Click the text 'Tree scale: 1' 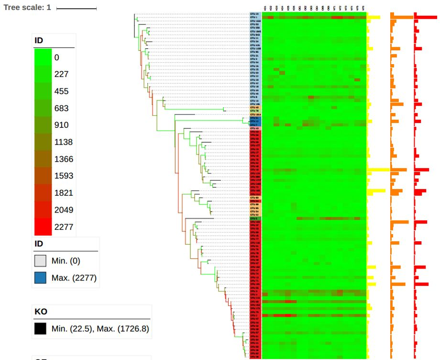[x=27, y=8]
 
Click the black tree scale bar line [x=77, y=9]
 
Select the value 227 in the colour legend [x=61, y=74]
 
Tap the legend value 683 [x=61, y=108]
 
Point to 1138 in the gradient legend [x=63, y=142]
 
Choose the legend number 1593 [x=63, y=176]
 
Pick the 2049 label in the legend [x=63, y=210]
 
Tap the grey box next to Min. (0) [x=40, y=261]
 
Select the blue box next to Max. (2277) [x=40, y=278]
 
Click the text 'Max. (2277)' [x=74, y=278]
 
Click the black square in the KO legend [x=40, y=328]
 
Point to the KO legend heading [x=41, y=312]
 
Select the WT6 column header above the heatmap [x=363, y=8]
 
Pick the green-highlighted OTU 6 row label [x=254, y=218]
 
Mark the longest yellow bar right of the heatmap [x=378, y=169]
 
